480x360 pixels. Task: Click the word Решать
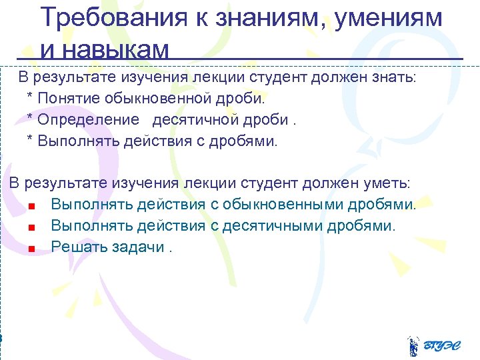(74, 247)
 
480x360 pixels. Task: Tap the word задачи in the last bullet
(142, 247)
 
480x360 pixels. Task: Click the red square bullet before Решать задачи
(31, 249)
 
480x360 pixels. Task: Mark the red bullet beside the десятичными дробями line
(31, 227)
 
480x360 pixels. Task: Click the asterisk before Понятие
(30, 99)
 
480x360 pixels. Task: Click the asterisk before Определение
(30, 120)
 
